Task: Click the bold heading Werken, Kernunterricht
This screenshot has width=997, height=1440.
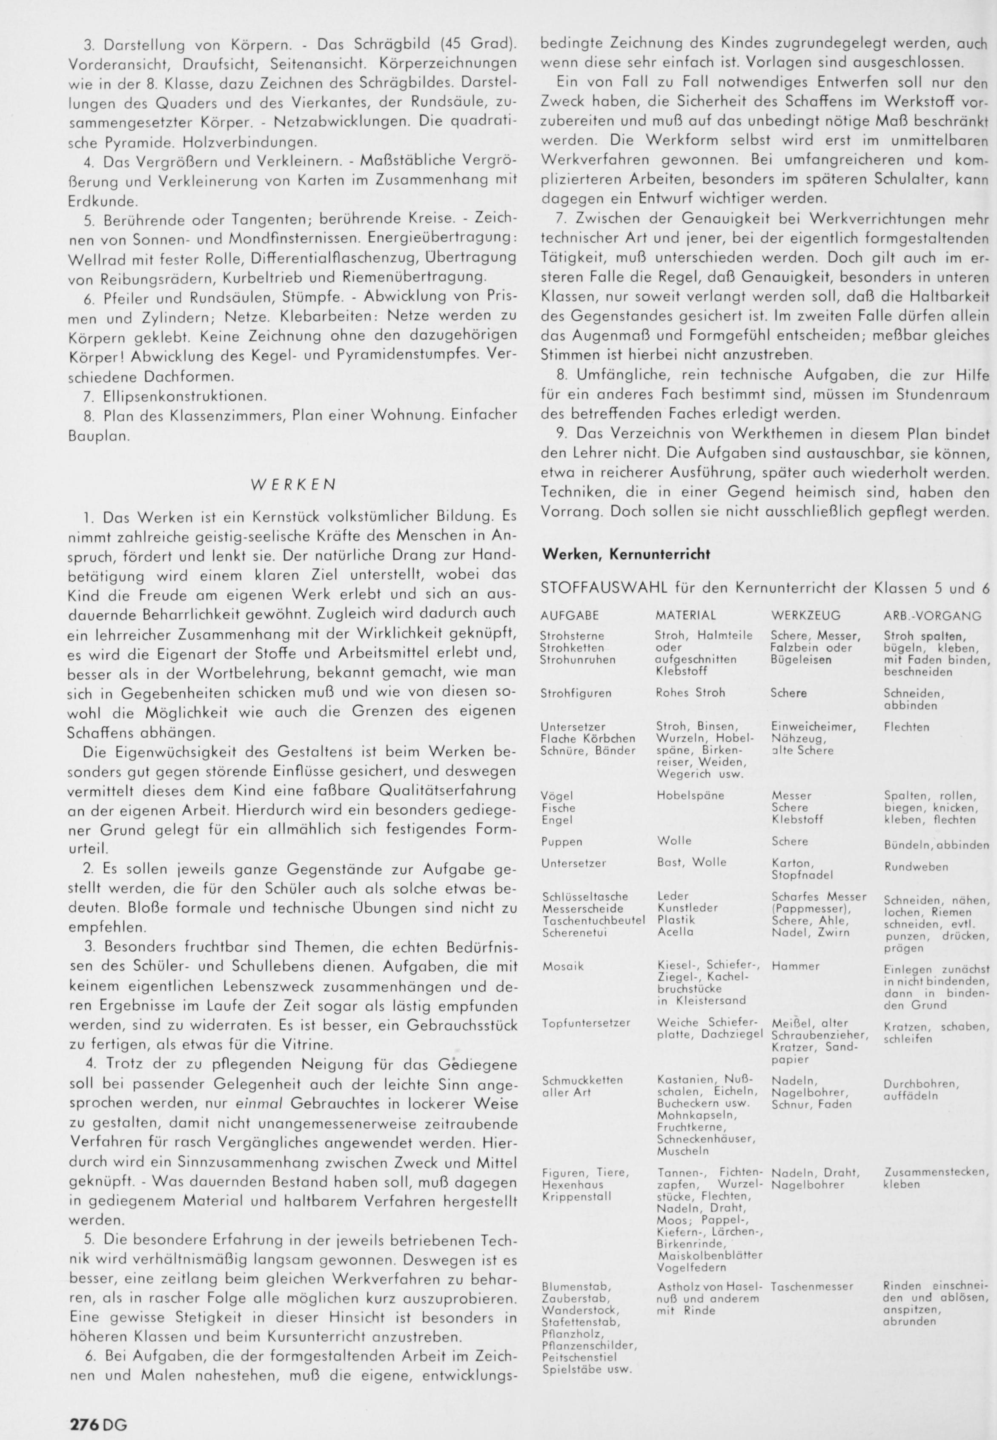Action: [626, 554]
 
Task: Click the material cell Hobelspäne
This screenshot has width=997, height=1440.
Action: [690, 796]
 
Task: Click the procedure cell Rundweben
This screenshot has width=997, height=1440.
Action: [916, 867]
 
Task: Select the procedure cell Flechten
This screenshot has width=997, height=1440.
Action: [906, 727]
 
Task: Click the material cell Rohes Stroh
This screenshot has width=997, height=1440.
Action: [690, 693]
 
